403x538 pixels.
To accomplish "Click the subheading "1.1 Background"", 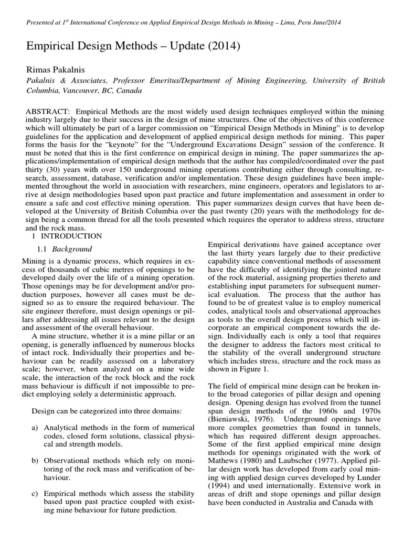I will (x=65, y=249).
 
